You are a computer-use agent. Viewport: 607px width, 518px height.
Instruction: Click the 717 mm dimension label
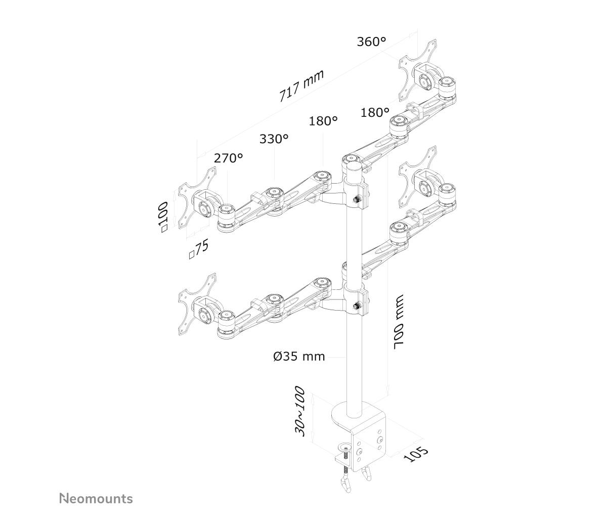pyautogui.click(x=301, y=85)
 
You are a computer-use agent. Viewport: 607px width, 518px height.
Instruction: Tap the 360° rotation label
pyautogui.click(x=371, y=41)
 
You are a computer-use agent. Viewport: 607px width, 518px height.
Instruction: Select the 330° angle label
pyautogui.click(x=274, y=139)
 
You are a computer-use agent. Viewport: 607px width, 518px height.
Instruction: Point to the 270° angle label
pyautogui.click(x=228, y=158)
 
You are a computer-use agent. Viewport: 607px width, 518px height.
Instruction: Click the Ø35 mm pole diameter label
pyautogui.click(x=299, y=357)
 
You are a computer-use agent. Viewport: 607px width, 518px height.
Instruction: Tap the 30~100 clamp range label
pyautogui.click(x=299, y=415)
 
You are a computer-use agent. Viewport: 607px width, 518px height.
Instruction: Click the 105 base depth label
pyautogui.click(x=416, y=459)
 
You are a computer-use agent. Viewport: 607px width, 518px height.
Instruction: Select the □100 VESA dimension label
pyautogui.click(x=163, y=217)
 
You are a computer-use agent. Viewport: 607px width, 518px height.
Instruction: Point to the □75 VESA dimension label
pyautogui.click(x=199, y=249)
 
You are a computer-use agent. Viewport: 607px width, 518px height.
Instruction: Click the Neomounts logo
pyautogui.click(x=96, y=499)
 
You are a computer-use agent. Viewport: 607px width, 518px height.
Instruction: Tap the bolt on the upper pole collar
pyautogui.click(x=357, y=199)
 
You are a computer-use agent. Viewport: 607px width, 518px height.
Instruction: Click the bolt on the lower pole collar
pyautogui.click(x=357, y=306)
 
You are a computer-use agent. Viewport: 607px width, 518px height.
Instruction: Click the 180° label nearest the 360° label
pyautogui.click(x=375, y=112)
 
